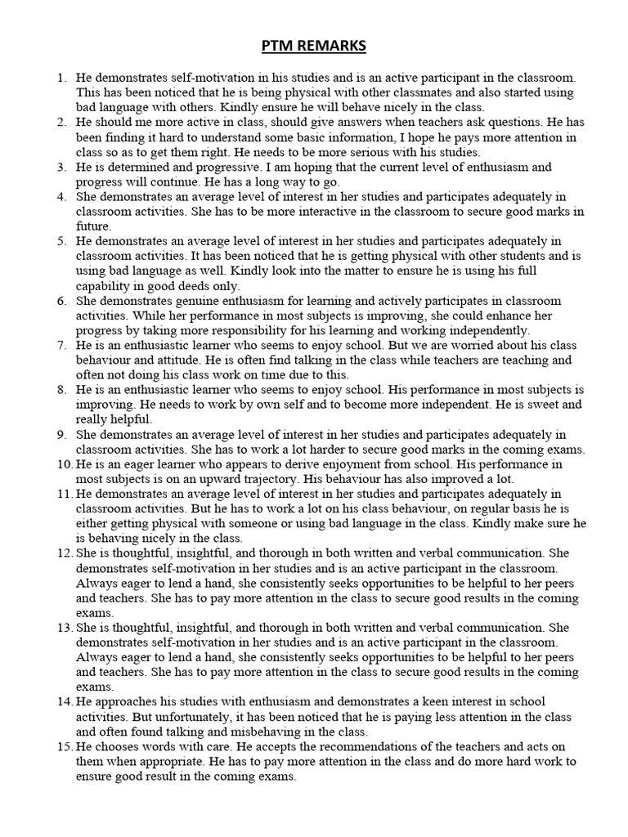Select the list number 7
tap(61, 346)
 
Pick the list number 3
tap(61, 167)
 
